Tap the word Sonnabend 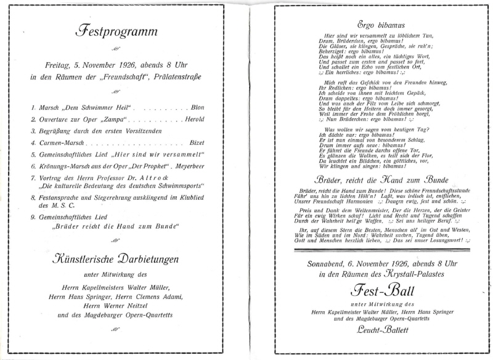[330, 263]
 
